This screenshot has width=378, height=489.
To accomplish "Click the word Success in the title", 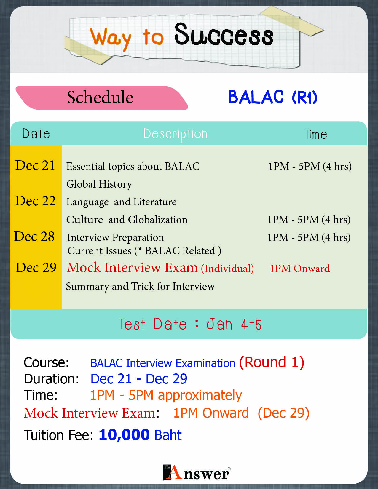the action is coord(224,35).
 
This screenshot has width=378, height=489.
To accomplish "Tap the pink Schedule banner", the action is coord(102,98).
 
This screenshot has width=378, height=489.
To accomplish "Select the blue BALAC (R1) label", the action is coord(273,97).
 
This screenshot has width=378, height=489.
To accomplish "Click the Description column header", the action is coord(176,134).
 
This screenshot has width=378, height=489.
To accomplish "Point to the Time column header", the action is coord(316,134).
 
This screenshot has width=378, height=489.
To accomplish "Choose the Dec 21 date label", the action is coord(35,165).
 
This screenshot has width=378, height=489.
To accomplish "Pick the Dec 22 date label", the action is coord(35,201).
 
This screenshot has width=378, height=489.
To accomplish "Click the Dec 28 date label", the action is coord(34,236).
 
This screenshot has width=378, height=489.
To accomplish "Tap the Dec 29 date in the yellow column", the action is coord(36,267).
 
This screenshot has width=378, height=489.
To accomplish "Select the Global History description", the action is coord(99,184).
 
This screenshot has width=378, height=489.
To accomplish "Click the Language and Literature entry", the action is coord(121,202).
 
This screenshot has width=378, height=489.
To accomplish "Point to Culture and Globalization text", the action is coord(127,220).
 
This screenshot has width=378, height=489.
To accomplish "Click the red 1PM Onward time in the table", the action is coord(300,269).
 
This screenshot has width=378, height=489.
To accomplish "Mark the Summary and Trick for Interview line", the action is coord(140,287).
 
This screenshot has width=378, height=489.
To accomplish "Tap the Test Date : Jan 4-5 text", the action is coord(190,324).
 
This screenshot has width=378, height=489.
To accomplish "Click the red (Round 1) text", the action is coord(272,362).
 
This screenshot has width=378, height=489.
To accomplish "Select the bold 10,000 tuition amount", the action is coord(124,434).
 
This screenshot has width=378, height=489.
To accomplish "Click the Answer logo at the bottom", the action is coord(197,472).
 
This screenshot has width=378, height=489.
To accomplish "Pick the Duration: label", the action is coord(52,379).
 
